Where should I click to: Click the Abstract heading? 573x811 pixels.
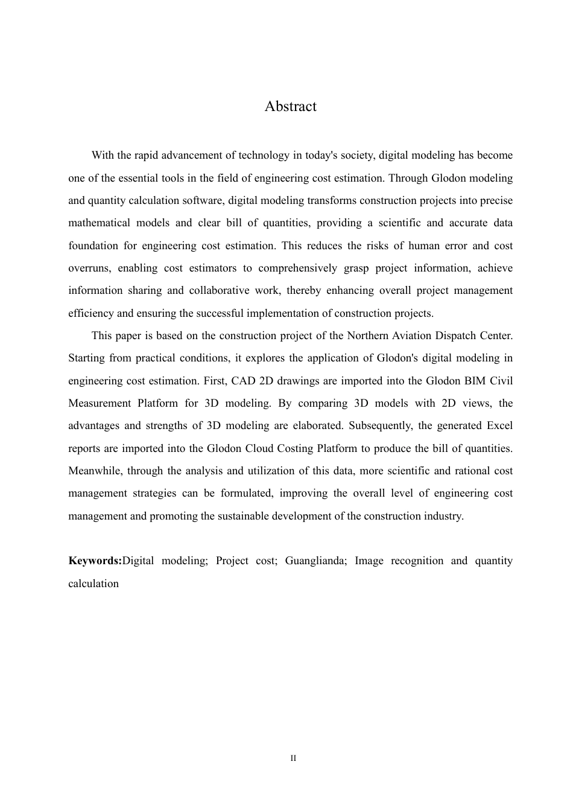point(290,107)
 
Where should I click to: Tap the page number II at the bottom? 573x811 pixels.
point(293,759)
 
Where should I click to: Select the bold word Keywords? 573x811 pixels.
point(95,561)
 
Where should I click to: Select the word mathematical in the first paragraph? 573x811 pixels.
point(98,223)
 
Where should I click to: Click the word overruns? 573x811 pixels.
point(89,269)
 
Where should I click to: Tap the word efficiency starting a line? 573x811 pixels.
point(90,314)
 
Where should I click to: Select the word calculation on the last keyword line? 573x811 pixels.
point(93,584)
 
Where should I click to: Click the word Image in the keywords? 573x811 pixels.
point(369,561)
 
